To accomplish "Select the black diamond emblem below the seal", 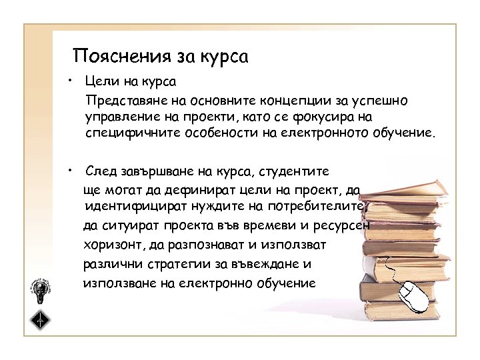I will [x=41, y=319].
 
